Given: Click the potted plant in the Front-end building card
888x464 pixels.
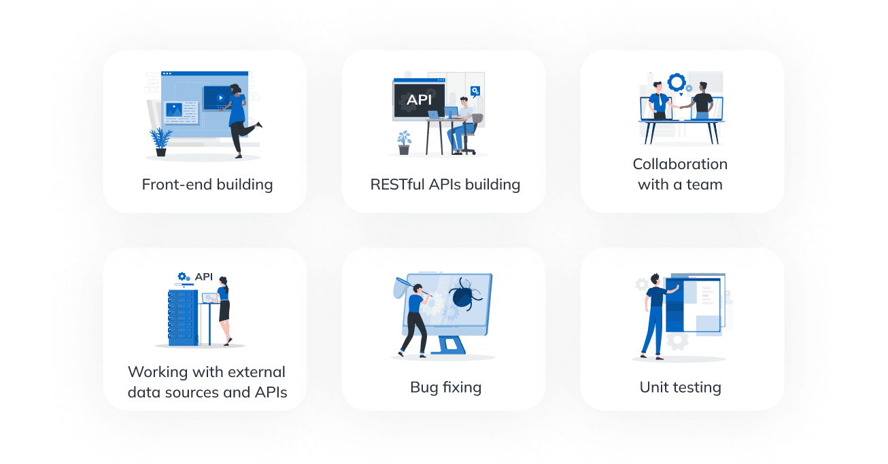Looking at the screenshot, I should (160, 142).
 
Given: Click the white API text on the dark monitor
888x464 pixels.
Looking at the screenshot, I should (419, 100).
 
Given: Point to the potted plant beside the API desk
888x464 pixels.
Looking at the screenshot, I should (405, 141).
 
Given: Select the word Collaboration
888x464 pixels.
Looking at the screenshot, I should (680, 164).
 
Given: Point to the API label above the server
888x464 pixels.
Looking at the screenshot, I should (204, 276).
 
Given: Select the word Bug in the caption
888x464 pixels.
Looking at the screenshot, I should (424, 387).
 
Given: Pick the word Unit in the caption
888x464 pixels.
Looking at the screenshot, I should (654, 387).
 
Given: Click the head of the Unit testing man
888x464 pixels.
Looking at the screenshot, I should (655, 279).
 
